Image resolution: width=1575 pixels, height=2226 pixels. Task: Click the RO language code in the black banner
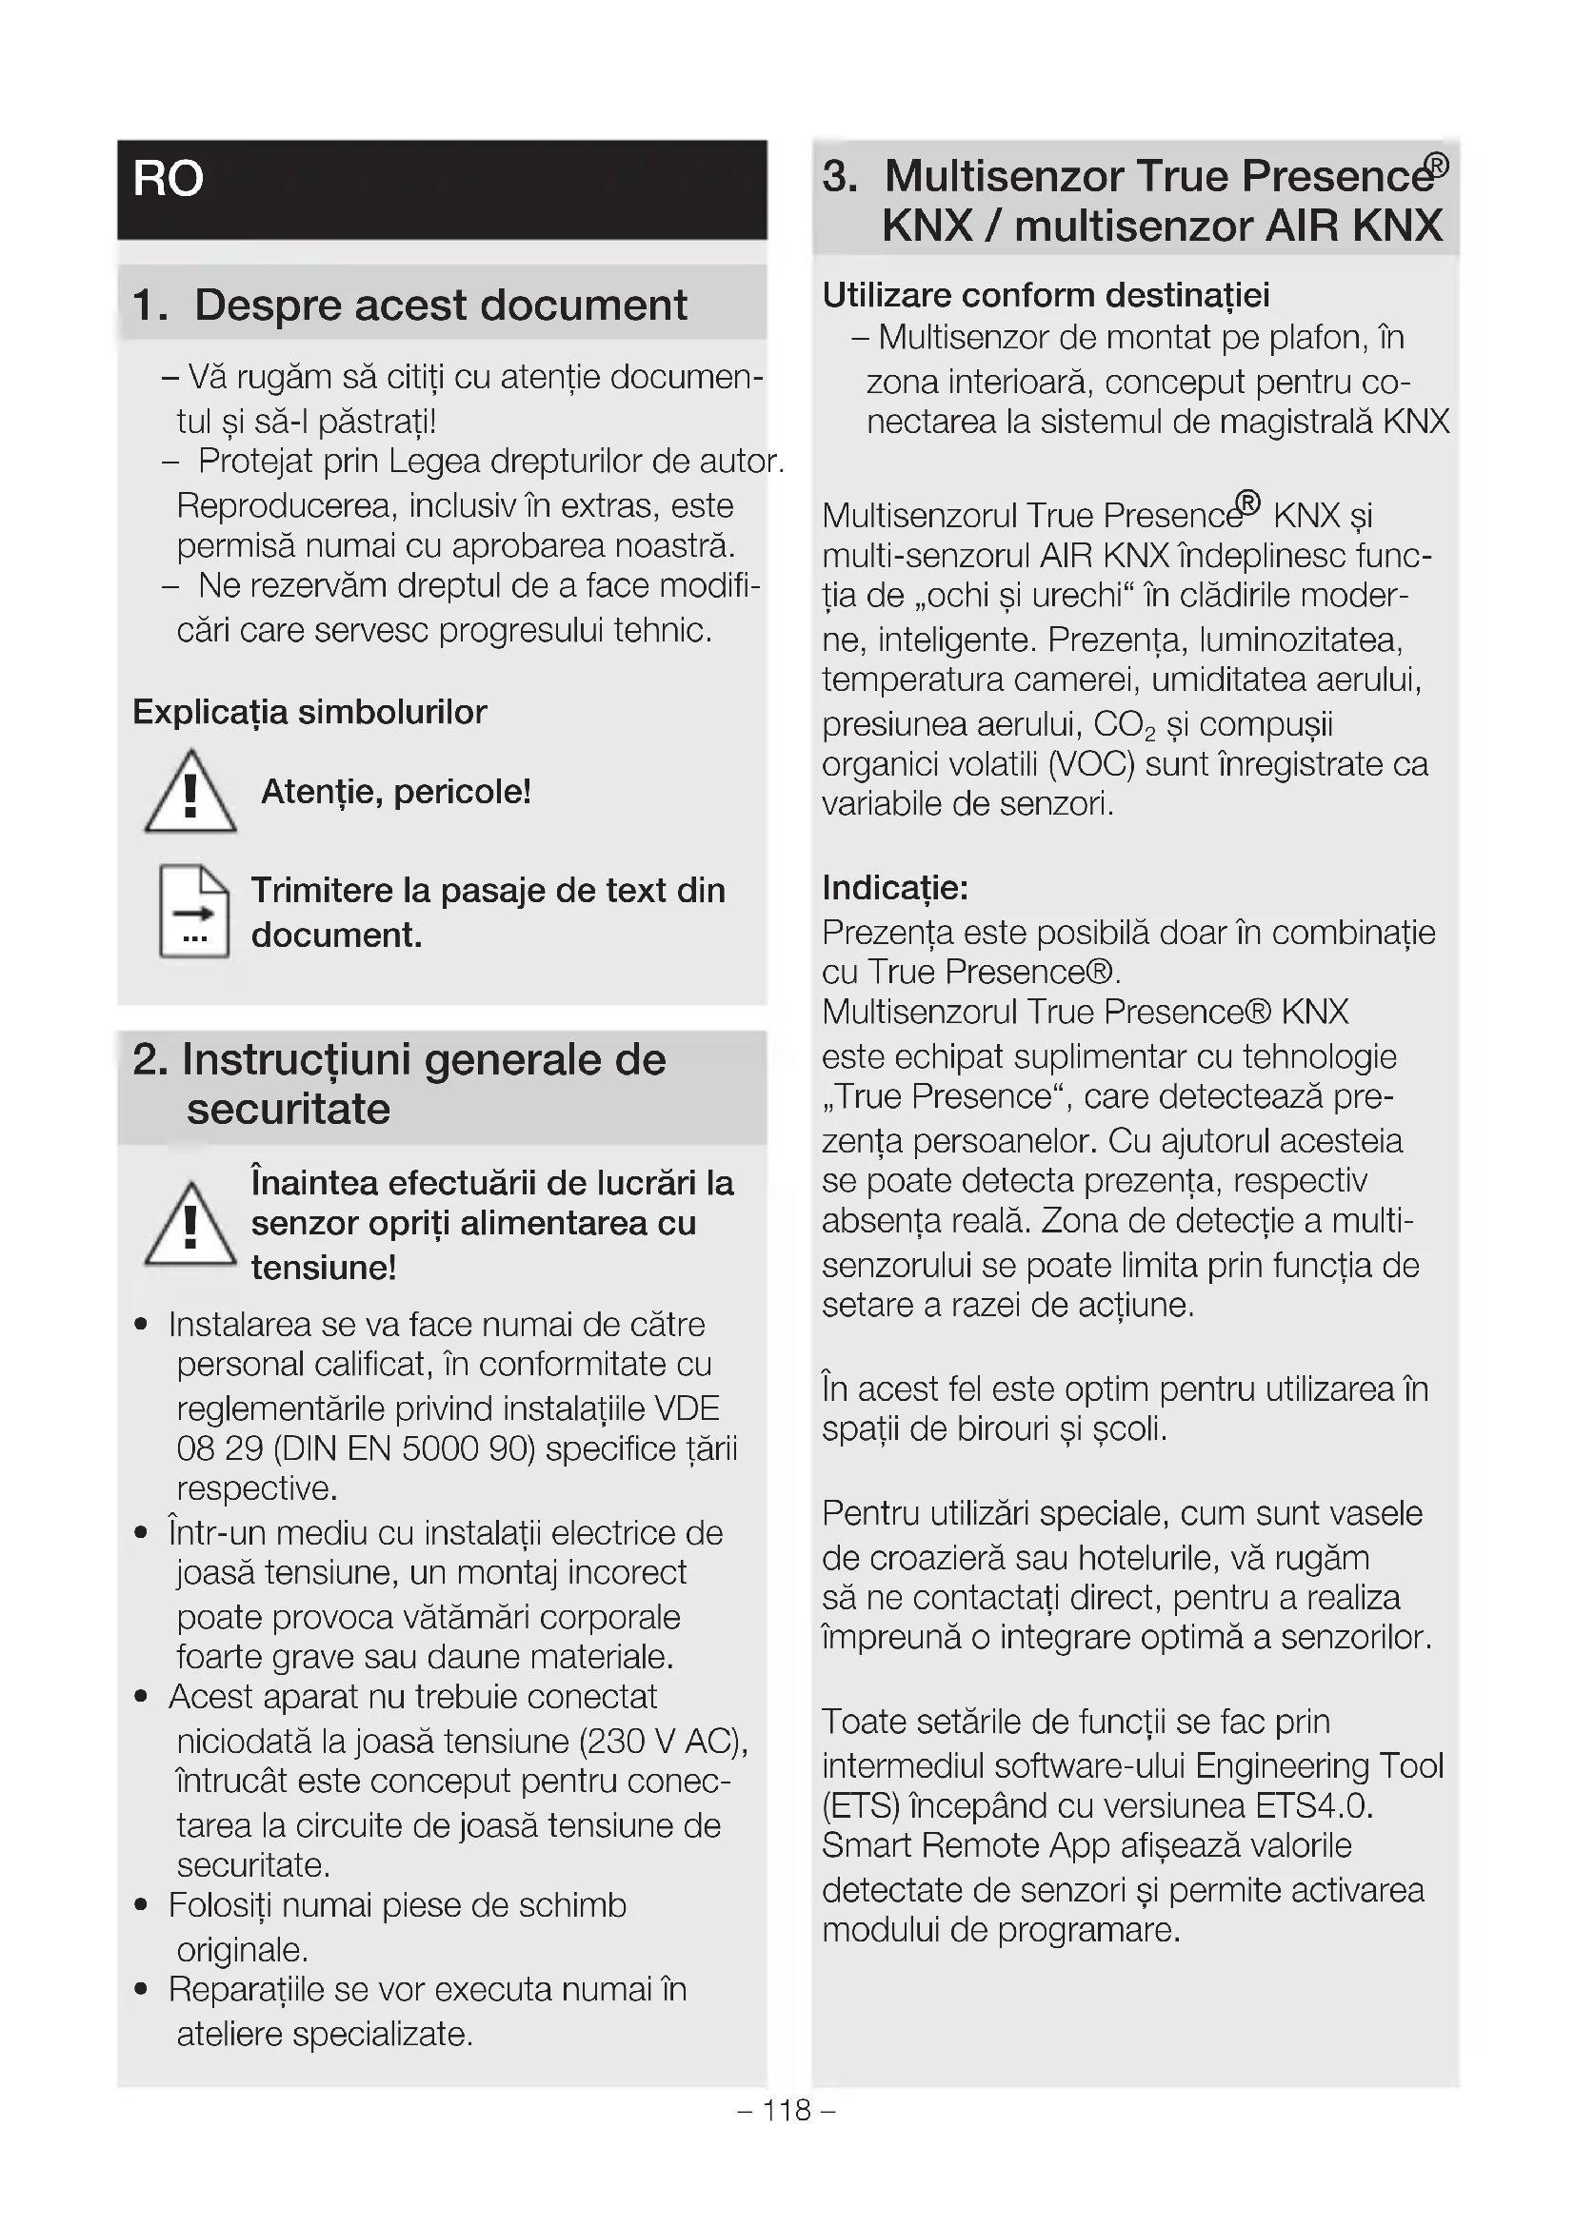pyautogui.click(x=168, y=179)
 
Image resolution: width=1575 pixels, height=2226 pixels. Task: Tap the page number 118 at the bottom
pyautogui.click(x=787, y=2110)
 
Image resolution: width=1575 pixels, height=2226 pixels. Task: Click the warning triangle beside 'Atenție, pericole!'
pyautogui.click(x=190, y=793)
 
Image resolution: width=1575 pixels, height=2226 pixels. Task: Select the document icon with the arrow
pyautogui.click(x=194, y=911)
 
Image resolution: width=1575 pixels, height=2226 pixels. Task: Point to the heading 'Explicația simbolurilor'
pyautogui.click(x=309, y=712)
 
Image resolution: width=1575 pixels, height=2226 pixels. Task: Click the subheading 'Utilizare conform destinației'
pyautogui.click(x=1046, y=295)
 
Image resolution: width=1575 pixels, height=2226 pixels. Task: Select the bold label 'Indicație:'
pyautogui.click(x=894, y=887)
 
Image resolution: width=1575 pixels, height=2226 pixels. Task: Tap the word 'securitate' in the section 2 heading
pyautogui.click(x=288, y=1109)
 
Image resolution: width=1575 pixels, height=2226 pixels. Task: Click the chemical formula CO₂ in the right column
pyautogui.click(x=1124, y=725)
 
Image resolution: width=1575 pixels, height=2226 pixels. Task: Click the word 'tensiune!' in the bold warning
pyautogui.click(x=324, y=1267)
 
